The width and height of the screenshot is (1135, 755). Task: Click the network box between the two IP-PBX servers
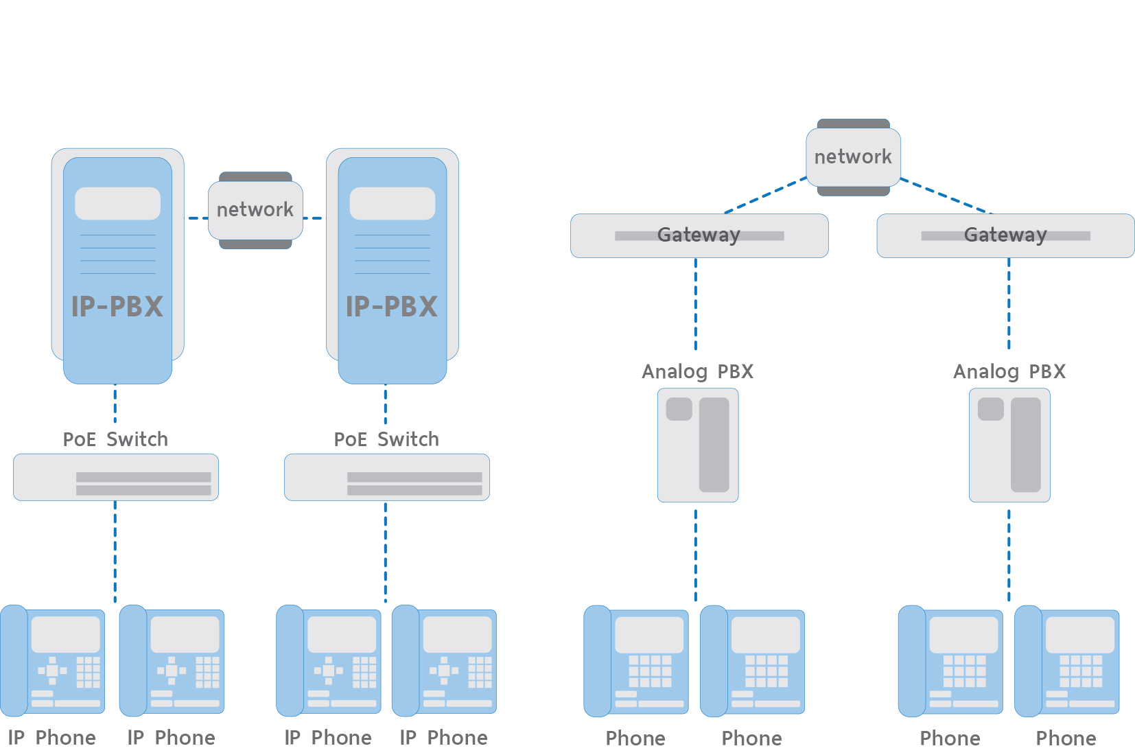(255, 210)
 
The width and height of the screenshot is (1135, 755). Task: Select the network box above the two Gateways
(853, 157)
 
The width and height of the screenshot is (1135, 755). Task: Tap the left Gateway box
(699, 235)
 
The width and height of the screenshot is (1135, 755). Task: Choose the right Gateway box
(1005, 235)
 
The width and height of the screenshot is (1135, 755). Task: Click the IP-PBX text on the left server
(117, 307)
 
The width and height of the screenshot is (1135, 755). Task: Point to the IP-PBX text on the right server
(392, 307)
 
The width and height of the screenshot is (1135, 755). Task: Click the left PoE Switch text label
(115, 439)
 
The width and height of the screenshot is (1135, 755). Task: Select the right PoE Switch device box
(386, 477)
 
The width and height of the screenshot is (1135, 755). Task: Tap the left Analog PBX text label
(697, 372)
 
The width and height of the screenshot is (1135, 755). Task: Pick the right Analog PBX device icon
(1009, 445)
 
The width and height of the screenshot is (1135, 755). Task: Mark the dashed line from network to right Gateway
(946, 196)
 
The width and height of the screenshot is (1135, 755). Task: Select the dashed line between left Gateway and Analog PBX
(696, 303)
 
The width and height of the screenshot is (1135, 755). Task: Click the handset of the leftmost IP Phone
(14, 660)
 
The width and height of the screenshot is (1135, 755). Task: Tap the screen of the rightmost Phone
(1079, 635)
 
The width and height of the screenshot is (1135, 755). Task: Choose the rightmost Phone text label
(1066, 739)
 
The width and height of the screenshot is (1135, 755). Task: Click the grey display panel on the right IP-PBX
(392, 204)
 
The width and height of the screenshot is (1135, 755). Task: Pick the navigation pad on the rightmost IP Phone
(444, 671)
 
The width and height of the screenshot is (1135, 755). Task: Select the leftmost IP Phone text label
(52, 738)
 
